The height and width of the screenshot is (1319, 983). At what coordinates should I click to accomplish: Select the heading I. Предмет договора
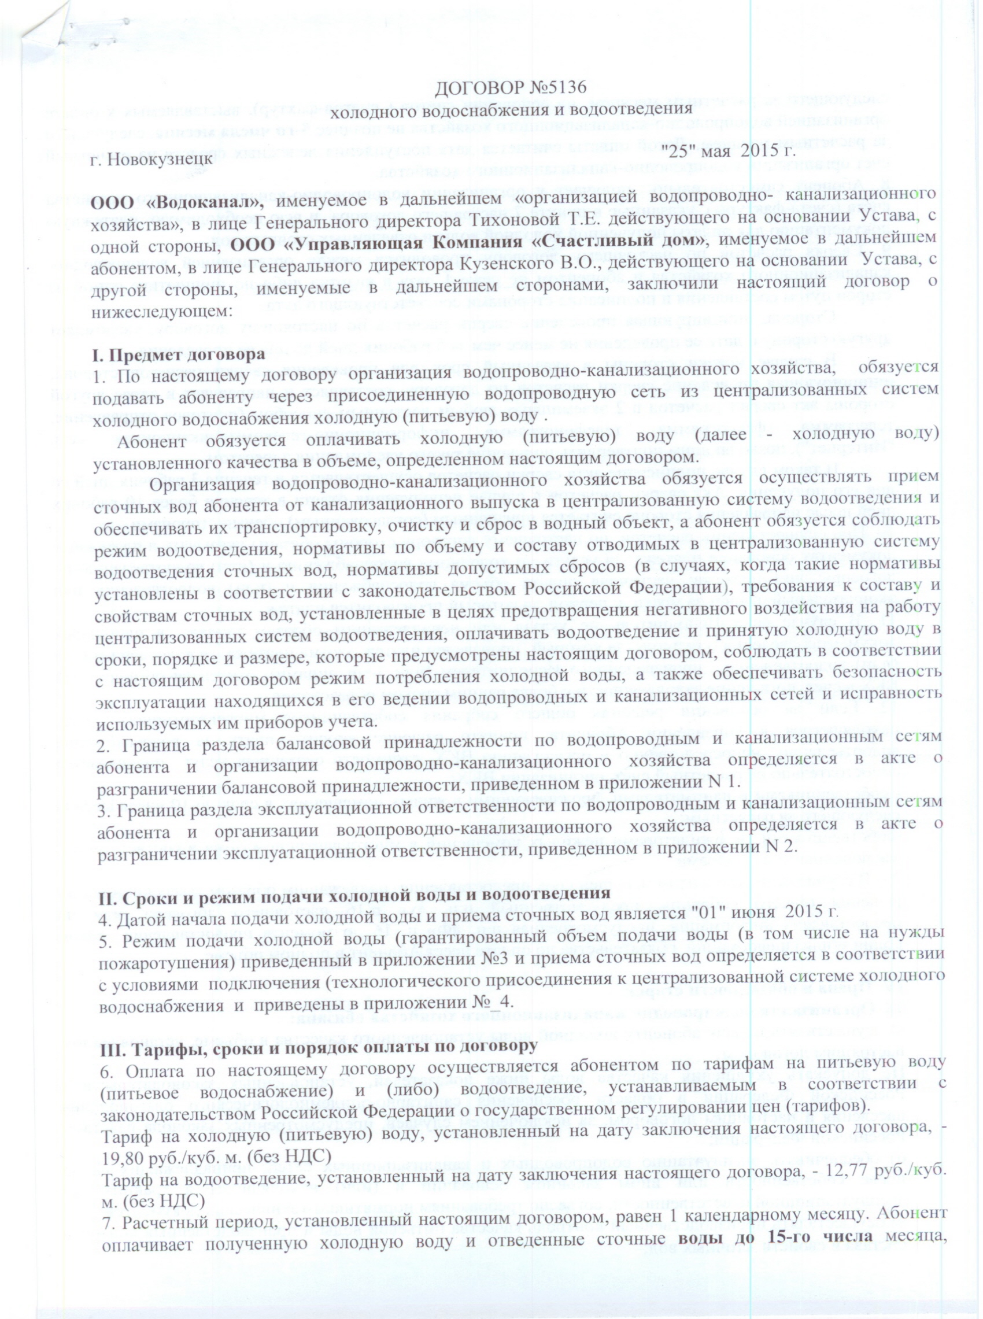click(x=178, y=355)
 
